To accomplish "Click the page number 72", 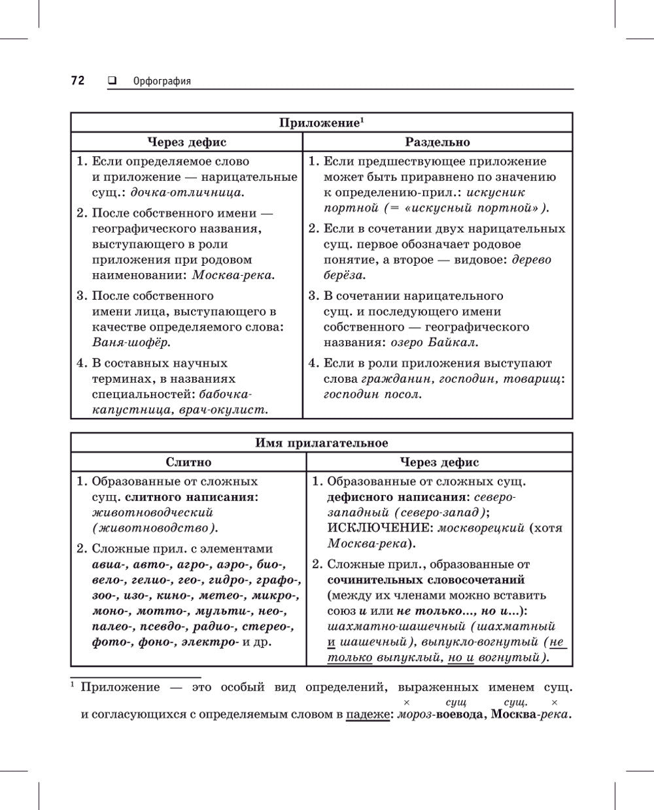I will pos(78,81).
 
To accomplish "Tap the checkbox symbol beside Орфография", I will pos(111,81).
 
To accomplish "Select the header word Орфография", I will pos(162,82).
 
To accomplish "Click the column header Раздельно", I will pos(437,142).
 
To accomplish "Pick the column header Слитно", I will pos(188,462).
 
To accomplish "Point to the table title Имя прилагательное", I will pos(321,443).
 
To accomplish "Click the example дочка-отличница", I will pos(187,193).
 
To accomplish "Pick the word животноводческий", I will pos(152,513).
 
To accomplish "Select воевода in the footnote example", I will pos(456,715).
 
